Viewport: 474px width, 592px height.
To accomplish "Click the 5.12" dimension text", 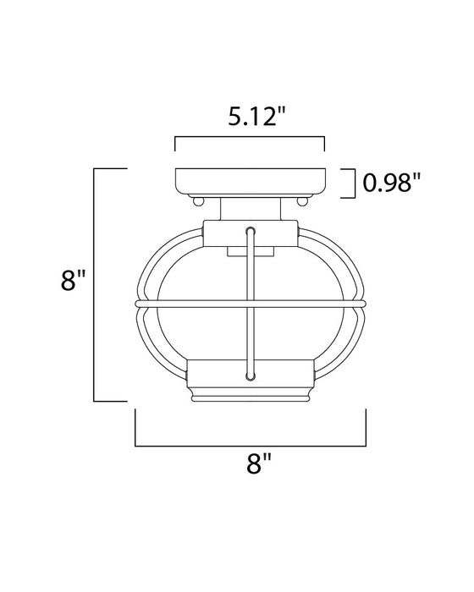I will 250,117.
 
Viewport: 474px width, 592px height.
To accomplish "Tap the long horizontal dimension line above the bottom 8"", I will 251,443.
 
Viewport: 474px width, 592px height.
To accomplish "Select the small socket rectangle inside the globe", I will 250,251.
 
